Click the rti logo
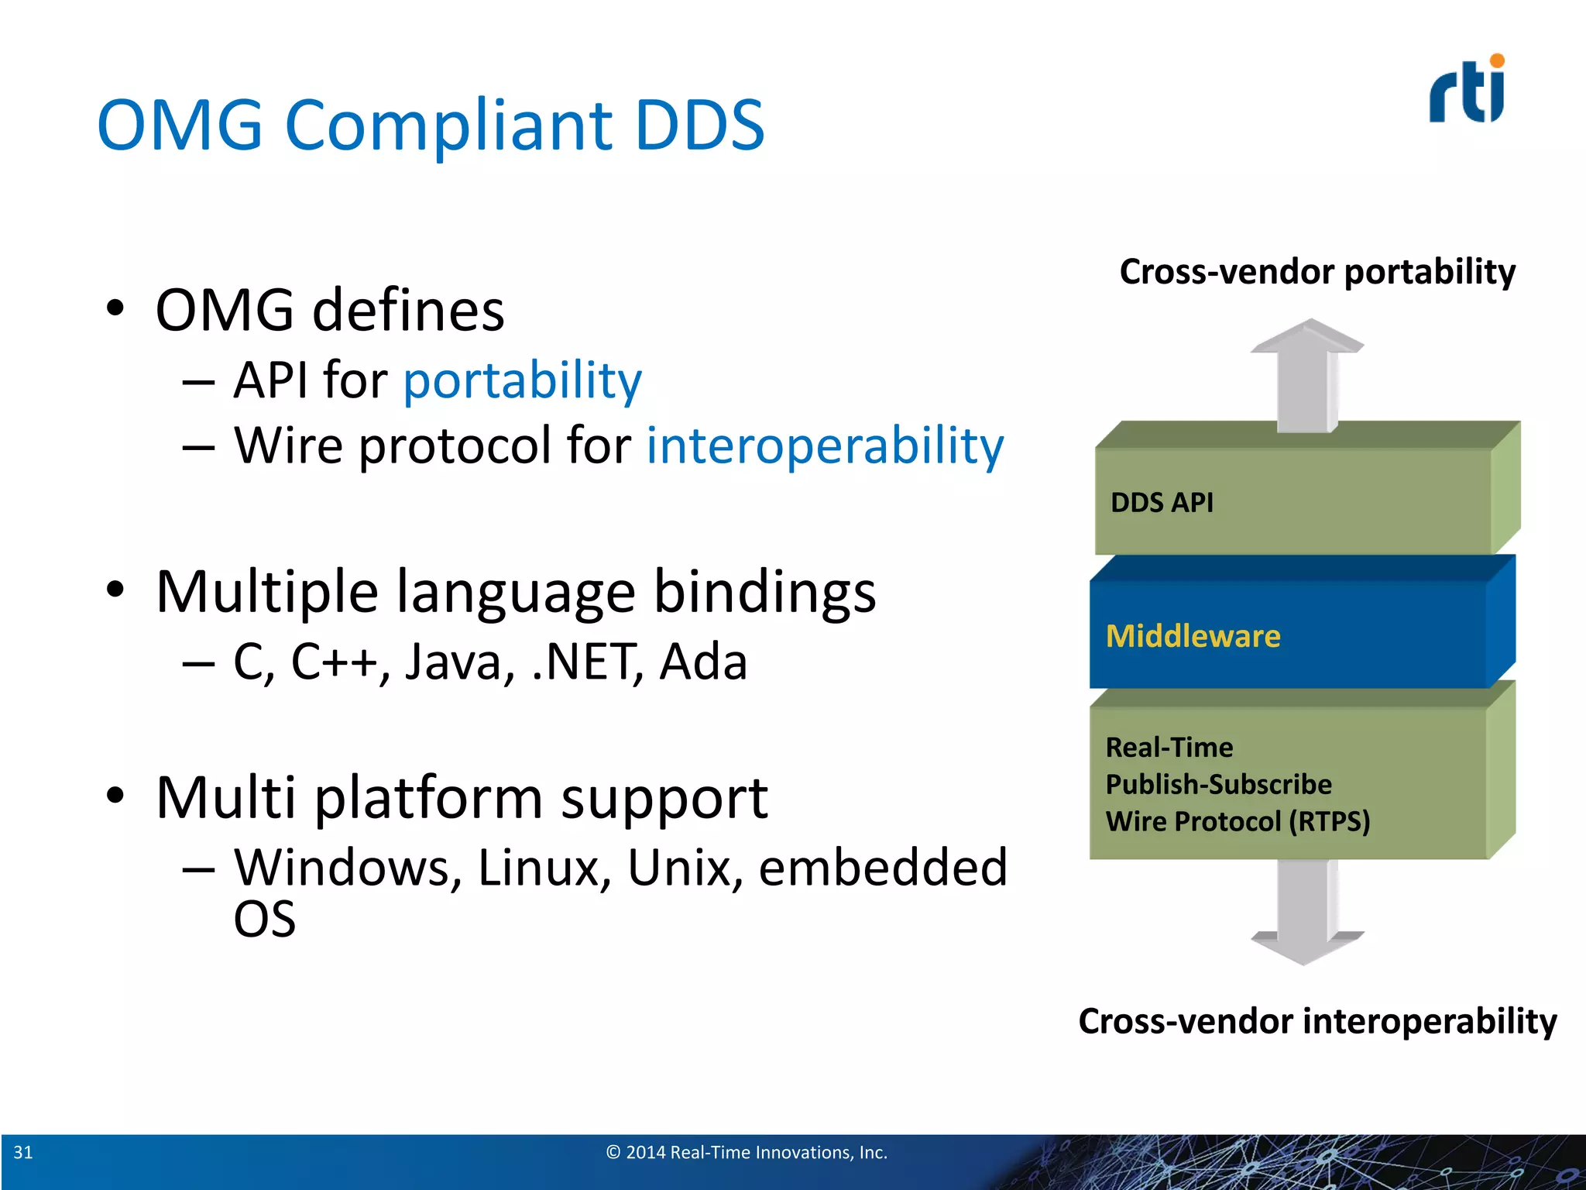point(1466,91)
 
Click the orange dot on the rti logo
point(1497,61)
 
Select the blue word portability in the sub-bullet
point(523,380)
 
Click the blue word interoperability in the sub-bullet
point(826,446)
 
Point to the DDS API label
point(1162,503)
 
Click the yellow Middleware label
point(1193,636)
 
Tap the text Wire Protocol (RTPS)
point(1238,821)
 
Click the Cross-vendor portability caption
point(1317,272)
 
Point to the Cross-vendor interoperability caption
point(1317,1021)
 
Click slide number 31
point(23,1152)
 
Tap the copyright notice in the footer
point(747,1152)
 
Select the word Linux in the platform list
point(539,868)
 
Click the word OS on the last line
point(265,920)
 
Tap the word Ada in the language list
point(703,662)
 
